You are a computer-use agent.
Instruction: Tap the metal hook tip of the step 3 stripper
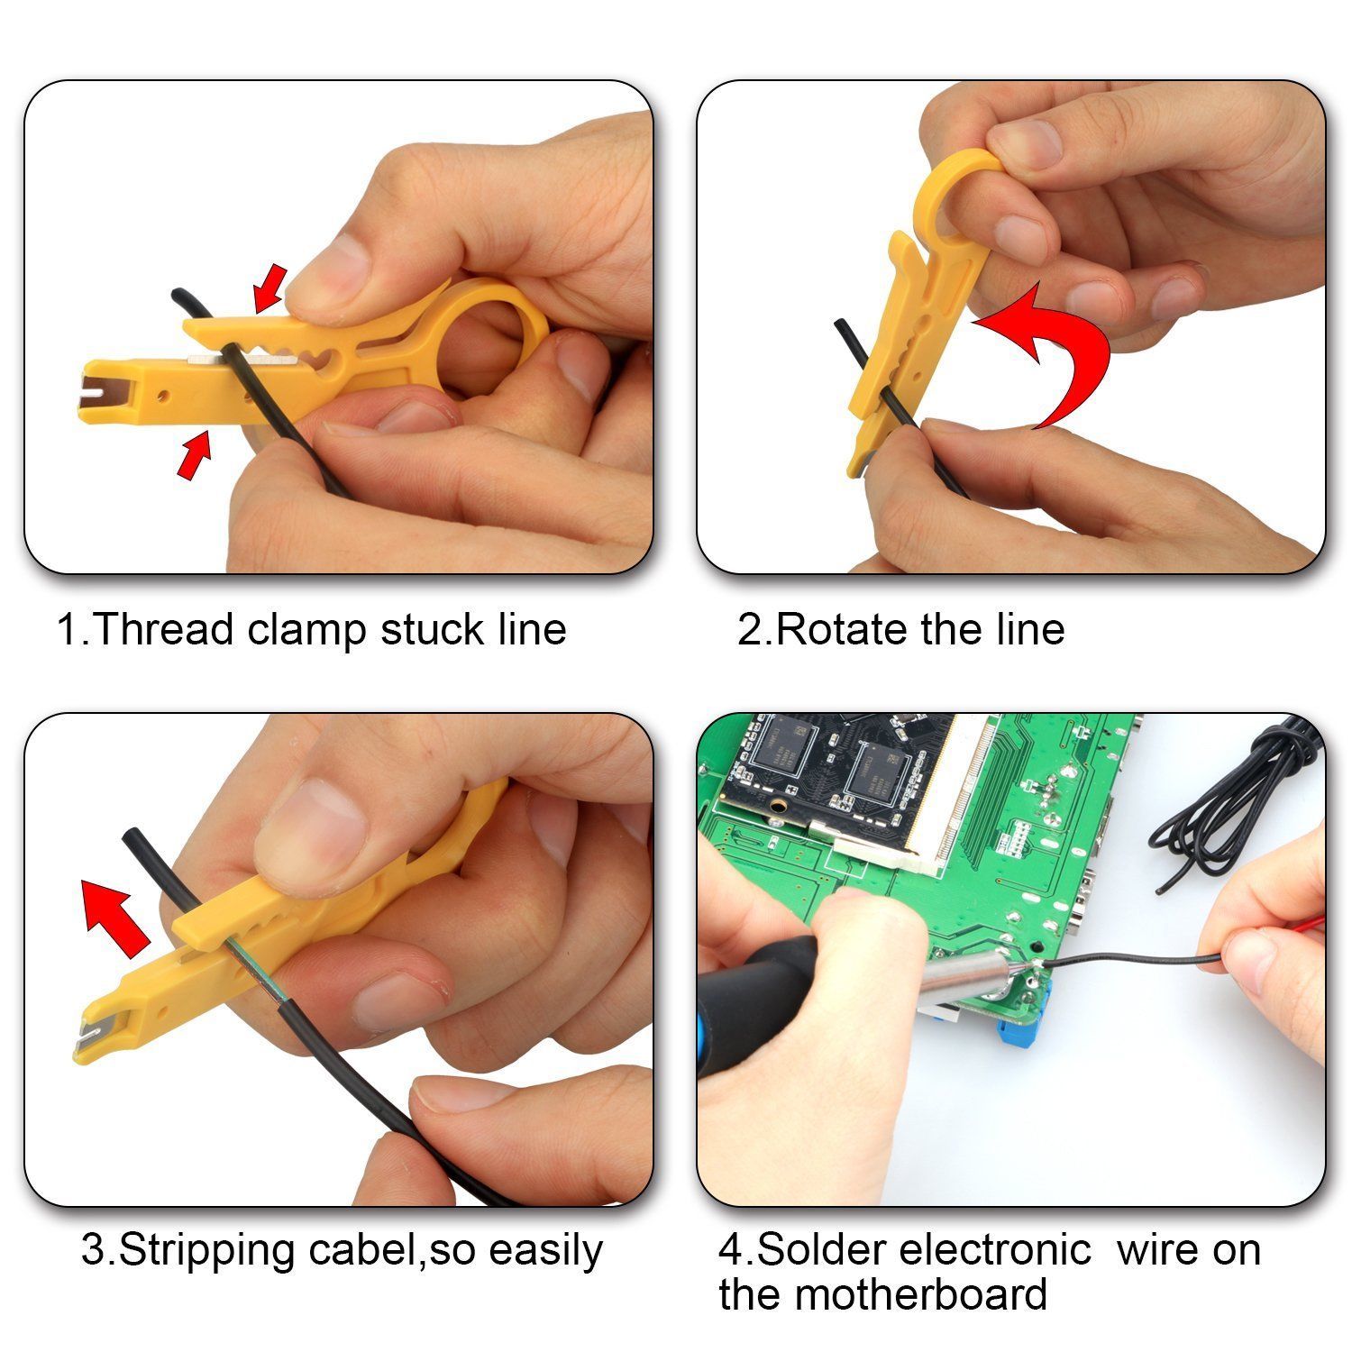coord(85,1038)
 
